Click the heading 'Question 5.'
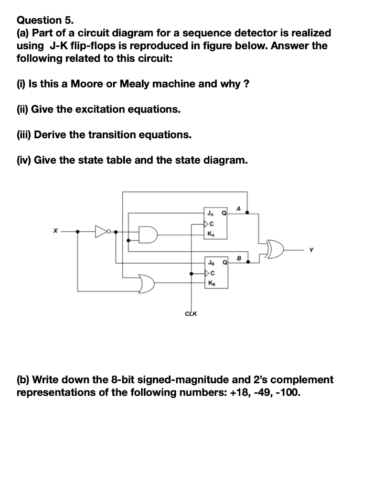46,20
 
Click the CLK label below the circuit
192,314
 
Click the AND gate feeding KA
147,234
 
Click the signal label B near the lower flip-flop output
239,258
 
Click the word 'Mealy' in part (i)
135,84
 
